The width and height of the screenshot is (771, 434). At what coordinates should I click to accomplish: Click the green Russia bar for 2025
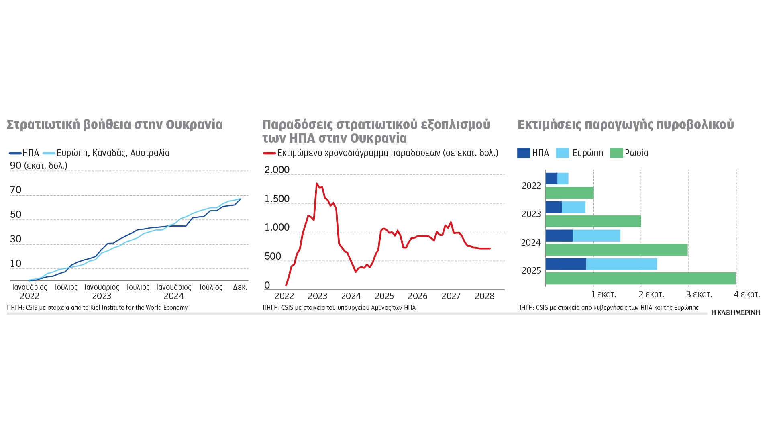coord(640,278)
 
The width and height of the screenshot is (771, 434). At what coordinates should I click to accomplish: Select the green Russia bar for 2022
coord(569,193)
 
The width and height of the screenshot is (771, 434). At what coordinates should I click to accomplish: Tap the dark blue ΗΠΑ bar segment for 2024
coord(559,235)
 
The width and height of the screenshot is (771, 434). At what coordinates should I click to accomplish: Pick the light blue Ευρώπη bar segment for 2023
coord(573,207)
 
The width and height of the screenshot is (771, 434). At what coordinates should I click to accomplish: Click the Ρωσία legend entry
coord(629,153)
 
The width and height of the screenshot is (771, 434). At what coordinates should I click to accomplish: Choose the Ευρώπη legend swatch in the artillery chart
coord(562,153)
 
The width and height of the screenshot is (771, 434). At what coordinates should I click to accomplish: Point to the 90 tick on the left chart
coord(16,165)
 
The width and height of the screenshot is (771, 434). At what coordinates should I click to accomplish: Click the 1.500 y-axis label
coord(277,199)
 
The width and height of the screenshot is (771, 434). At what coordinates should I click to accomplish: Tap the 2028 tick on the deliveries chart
coord(484,296)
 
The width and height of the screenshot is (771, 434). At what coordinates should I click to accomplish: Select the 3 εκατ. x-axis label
coord(699,295)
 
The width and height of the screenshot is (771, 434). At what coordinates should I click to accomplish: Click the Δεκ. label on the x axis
coord(240,287)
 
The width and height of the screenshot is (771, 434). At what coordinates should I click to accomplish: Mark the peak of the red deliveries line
coord(316,184)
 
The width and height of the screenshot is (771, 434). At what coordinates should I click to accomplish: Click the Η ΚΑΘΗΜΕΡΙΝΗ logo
coord(735,313)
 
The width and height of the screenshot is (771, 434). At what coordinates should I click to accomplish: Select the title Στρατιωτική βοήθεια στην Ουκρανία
coord(115,125)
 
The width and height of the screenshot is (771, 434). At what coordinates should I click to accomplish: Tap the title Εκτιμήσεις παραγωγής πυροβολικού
coord(626,125)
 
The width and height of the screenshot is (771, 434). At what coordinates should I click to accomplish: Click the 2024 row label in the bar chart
coord(531,243)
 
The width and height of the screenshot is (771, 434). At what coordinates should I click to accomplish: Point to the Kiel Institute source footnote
coord(97,308)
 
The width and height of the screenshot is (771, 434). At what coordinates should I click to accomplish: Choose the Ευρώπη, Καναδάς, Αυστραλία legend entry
coord(106,153)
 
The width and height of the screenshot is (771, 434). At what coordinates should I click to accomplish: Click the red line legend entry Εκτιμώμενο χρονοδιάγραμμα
coord(381,153)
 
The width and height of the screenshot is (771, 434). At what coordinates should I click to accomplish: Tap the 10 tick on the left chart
coord(16,264)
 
